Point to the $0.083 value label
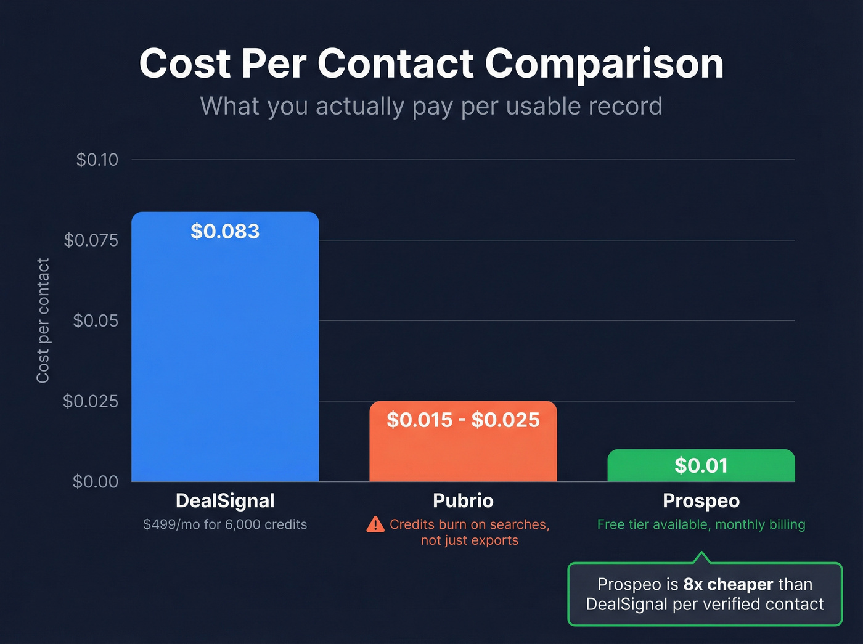225,231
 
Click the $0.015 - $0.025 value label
463,420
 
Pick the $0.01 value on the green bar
701,465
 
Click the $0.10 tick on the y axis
97,160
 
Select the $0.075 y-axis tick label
91,240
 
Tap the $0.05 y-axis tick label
96,320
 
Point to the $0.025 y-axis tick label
91,401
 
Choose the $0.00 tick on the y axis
96,481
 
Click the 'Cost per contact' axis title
43,320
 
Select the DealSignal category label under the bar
225,500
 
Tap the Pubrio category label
463,500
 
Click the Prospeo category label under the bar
701,500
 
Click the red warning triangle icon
375,524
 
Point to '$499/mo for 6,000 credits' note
225,524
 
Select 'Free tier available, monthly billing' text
701,524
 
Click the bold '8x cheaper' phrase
728,584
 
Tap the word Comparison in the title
604,63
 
